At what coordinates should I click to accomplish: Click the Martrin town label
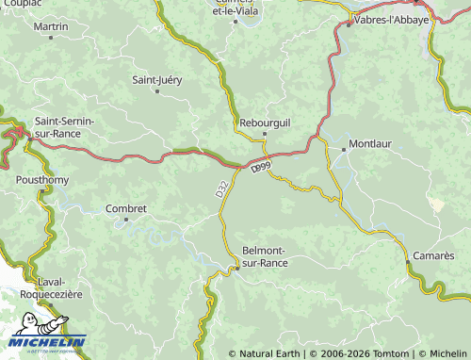[51, 26]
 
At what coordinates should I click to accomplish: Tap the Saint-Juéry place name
[157, 79]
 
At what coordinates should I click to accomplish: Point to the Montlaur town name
[369, 144]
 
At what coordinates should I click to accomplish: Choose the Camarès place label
[433, 255]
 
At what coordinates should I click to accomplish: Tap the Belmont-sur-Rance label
[266, 256]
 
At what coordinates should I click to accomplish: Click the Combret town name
[126, 208]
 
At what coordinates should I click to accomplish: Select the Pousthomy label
[42, 178]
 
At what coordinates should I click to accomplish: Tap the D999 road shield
[261, 166]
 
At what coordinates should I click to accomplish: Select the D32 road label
[220, 189]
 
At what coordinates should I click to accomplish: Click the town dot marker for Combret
[126, 221]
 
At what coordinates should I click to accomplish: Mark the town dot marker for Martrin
[51, 39]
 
